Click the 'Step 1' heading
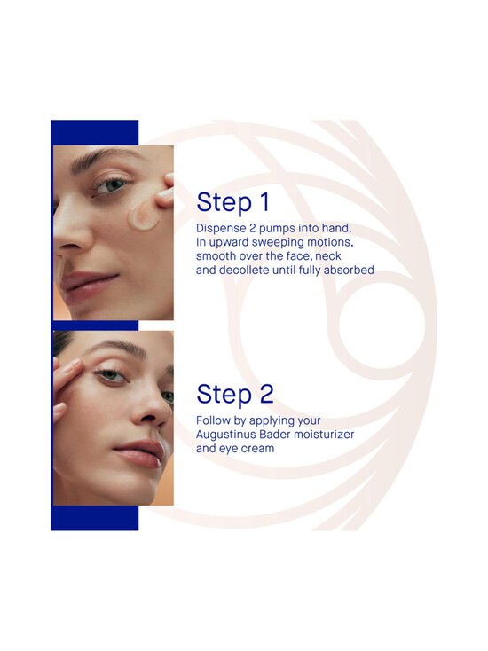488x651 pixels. click(233, 203)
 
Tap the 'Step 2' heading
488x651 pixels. click(235, 395)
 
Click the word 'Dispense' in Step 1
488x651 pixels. click(221, 229)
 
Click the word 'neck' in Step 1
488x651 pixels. click(328, 255)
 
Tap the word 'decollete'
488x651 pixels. click(244, 270)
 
